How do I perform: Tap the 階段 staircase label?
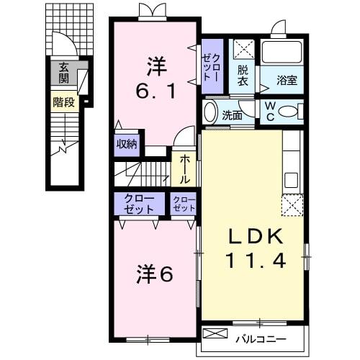pos(64,102)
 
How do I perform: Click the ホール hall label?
pos(185,167)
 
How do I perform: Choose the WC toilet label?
pos(269,112)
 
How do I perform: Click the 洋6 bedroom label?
pos(154,274)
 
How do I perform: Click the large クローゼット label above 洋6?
pos(138,204)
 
